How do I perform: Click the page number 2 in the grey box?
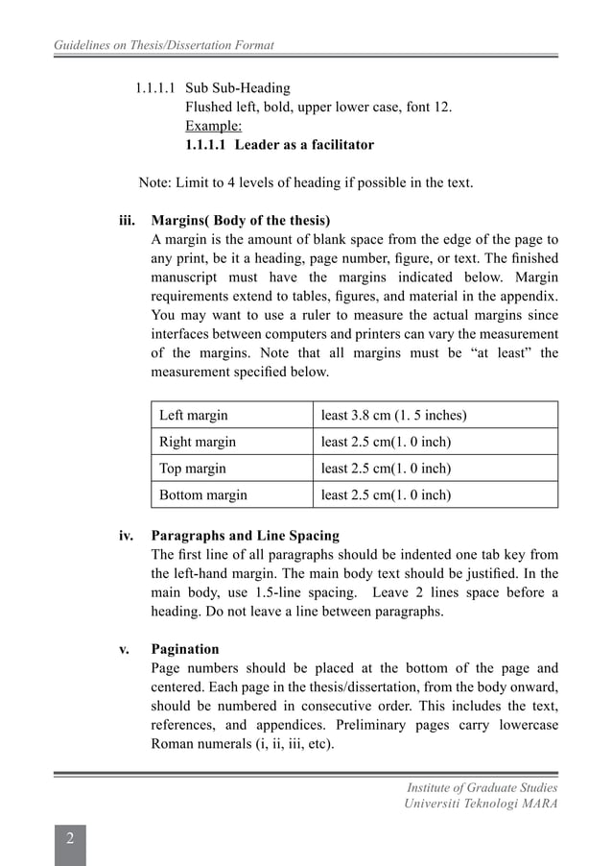click(x=70, y=840)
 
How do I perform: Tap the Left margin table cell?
click(x=194, y=416)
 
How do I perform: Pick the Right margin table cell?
click(x=198, y=443)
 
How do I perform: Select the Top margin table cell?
click(x=193, y=469)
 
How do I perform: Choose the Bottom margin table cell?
click(x=203, y=495)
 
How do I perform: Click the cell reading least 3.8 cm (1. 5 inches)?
click(x=394, y=416)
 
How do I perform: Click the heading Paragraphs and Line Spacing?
click(x=246, y=536)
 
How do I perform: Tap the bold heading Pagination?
click(x=185, y=650)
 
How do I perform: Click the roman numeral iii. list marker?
click(x=128, y=220)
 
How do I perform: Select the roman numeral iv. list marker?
click(x=127, y=536)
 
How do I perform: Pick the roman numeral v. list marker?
click(x=125, y=650)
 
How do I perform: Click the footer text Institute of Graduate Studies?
click(x=483, y=787)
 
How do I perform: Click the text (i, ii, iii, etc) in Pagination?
click(x=284, y=745)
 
